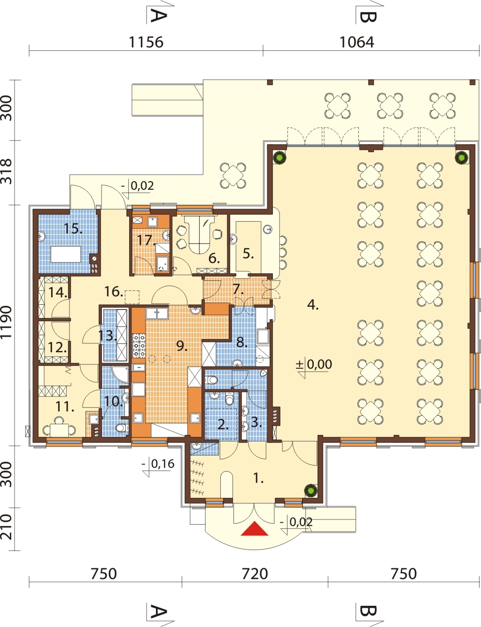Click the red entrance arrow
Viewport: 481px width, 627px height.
tap(255, 529)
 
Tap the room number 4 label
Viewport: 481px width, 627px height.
tap(313, 305)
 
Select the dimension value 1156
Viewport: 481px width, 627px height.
tap(146, 42)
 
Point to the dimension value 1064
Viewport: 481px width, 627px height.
tap(357, 42)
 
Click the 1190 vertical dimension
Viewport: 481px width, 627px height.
tap(7, 322)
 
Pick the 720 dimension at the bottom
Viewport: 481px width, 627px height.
tap(255, 574)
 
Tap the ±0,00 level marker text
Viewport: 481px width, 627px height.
tap(314, 364)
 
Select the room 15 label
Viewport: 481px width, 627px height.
tap(73, 229)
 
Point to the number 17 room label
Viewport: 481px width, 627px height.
tap(146, 240)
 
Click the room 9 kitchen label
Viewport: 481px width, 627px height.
tap(181, 346)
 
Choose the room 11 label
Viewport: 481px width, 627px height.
tap(64, 407)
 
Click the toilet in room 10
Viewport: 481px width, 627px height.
tap(122, 427)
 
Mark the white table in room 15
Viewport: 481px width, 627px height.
tap(66, 254)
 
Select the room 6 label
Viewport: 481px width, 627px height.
tap(214, 258)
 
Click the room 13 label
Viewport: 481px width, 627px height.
tap(108, 335)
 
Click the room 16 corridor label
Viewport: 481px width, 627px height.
tap(114, 292)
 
